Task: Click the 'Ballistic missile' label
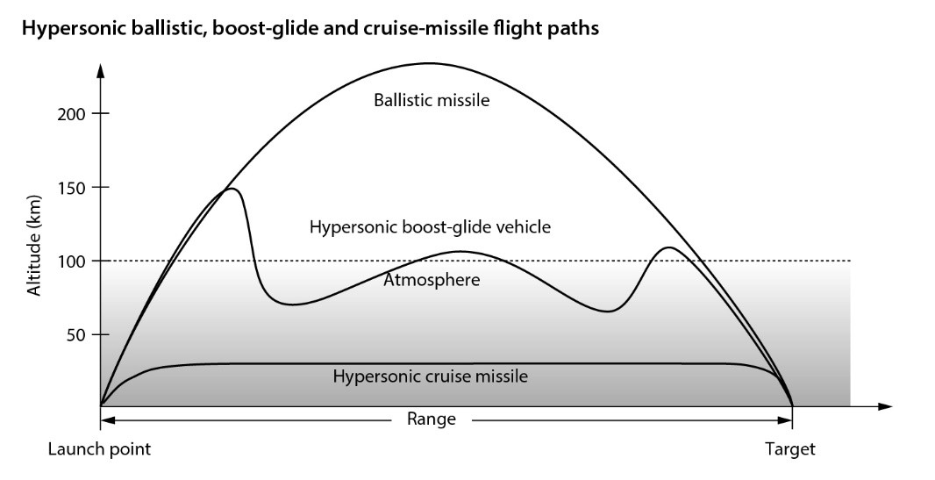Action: point(432,100)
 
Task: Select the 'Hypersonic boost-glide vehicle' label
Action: point(430,227)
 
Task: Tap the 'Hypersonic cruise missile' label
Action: point(430,376)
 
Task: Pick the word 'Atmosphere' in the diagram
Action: point(431,281)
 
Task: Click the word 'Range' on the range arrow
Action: point(432,419)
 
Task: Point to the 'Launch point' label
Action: point(99,449)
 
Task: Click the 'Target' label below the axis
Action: point(789,449)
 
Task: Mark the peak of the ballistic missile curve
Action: point(427,63)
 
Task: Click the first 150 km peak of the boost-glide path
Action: point(231,189)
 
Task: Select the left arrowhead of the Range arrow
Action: point(106,419)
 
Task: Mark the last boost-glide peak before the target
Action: point(669,247)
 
